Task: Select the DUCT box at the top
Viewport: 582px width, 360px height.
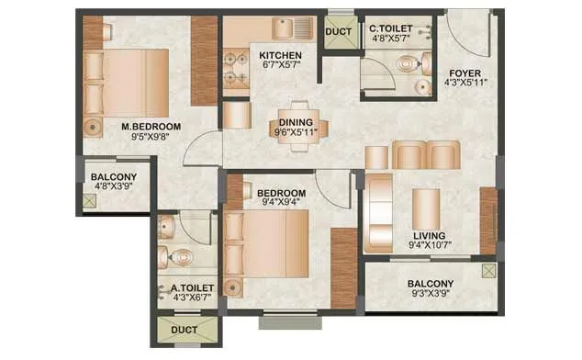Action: point(337,31)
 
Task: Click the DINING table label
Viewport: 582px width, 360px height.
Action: point(296,122)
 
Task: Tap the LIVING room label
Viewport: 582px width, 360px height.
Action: point(428,235)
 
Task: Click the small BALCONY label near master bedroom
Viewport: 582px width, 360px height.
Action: point(113,177)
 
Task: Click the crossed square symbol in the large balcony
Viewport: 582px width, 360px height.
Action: point(487,271)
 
